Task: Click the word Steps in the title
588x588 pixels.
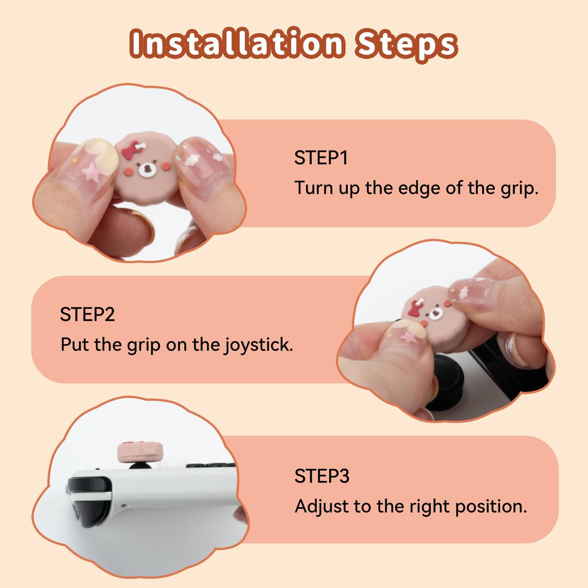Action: coord(406,44)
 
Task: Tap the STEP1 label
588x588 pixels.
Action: coord(321,158)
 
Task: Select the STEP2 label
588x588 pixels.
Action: coord(87,315)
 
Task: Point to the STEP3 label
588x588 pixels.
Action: coord(321,476)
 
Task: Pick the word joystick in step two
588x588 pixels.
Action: coord(258,345)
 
